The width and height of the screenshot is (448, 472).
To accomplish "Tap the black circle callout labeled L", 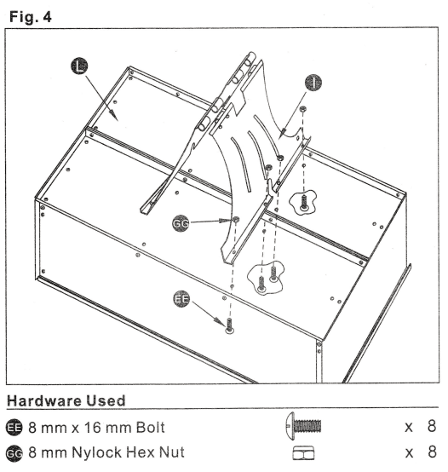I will (x=78, y=65).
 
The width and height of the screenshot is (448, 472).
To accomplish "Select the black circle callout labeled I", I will (x=313, y=83).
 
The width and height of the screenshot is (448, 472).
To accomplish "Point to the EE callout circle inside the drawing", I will (x=181, y=300).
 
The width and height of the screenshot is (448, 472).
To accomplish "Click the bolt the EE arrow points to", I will (x=229, y=325).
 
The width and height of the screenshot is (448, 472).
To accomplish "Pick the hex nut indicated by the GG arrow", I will (x=235, y=220).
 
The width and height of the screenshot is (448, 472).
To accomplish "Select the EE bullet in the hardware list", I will (x=14, y=425).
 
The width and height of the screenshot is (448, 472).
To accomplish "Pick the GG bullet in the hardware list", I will (x=14, y=451).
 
